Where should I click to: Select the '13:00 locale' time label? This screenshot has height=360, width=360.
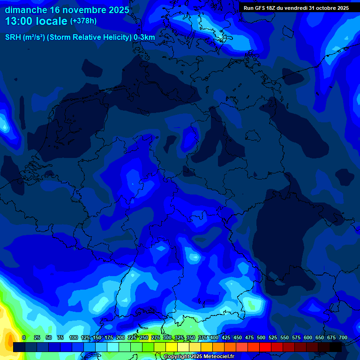tap(37, 21)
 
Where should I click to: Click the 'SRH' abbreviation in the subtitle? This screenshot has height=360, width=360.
tap(13, 37)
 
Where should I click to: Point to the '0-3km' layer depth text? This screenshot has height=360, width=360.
tap(144, 37)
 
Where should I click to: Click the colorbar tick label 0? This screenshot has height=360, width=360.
tap(23, 337)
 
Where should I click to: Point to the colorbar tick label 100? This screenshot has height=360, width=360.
tap(74, 337)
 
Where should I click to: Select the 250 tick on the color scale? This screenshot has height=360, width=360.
tap(144, 337)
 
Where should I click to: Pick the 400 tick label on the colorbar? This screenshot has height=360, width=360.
tap(214, 337)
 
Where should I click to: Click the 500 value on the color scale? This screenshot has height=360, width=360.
tap(261, 337)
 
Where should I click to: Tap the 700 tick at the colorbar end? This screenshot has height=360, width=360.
tap(343, 337)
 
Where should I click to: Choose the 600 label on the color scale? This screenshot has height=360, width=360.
tap(308, 337)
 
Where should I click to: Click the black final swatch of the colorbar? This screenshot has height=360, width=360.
tap(336, 347)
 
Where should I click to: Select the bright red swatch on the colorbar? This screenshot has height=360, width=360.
tap(265, 347)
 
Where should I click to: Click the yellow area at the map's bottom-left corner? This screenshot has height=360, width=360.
tap(5, 323)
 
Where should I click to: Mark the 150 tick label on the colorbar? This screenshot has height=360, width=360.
tap(97, 337)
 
